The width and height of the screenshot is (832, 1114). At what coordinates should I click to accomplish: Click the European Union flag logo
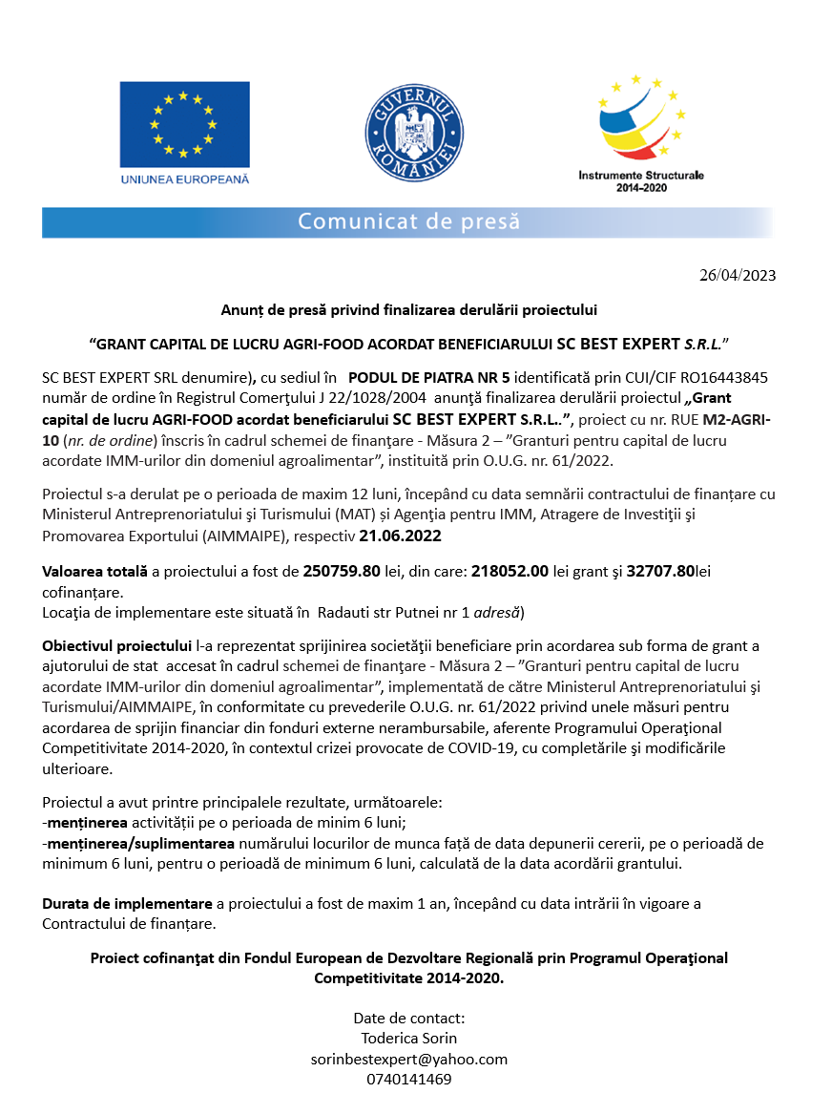(184, 123)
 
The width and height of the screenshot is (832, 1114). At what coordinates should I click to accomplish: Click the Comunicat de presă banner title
(408, 222)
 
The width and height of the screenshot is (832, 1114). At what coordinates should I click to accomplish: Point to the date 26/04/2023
(738, 276)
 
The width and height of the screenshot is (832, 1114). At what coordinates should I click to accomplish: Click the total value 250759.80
(342, 572)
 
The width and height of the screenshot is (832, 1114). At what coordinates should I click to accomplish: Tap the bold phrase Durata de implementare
(127, 903)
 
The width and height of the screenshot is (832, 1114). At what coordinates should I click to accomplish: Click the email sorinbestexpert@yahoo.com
(408, 1059)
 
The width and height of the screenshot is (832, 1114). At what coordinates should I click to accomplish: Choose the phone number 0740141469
(408, 1080)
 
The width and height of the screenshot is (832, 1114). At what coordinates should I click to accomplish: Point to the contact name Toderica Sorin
(408, 1038)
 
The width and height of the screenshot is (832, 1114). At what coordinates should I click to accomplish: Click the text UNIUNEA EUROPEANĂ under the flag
(184, 179)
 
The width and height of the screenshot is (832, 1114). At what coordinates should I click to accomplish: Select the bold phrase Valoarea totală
(94, 572)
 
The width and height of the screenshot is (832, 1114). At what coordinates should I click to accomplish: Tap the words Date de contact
(408, 1017)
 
